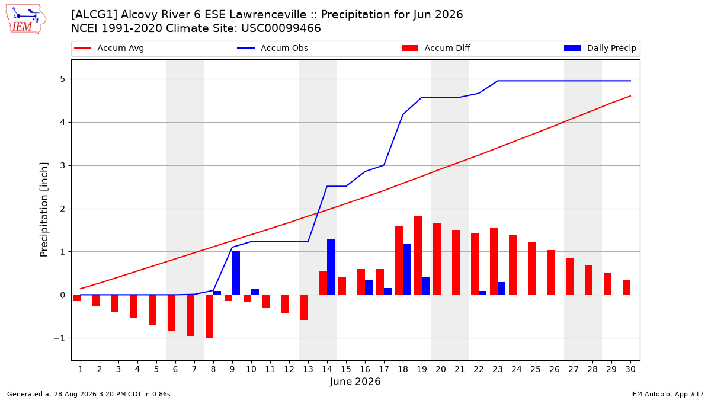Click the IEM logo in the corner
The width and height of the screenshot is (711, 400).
26,20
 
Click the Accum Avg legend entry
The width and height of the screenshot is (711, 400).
109,48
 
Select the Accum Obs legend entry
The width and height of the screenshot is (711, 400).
273,48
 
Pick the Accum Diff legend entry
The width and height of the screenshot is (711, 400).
436,48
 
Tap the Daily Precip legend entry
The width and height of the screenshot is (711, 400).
600,48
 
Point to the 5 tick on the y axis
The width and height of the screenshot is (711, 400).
63,79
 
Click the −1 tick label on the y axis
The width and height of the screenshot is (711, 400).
59,338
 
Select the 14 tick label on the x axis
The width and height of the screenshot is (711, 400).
327,369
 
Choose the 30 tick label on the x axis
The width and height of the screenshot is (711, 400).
630,369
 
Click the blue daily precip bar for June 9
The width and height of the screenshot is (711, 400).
236,273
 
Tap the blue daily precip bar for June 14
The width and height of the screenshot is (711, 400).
331,267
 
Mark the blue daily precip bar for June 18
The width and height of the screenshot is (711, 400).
406,270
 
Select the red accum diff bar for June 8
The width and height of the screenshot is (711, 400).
210,316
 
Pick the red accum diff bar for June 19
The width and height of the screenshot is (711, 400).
418,255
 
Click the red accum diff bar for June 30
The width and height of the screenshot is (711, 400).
627,287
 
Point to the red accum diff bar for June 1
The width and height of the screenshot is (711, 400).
77,297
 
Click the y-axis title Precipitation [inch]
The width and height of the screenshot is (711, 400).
44,210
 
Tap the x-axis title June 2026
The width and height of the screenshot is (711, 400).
355,382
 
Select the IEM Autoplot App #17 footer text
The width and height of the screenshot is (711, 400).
667,394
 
